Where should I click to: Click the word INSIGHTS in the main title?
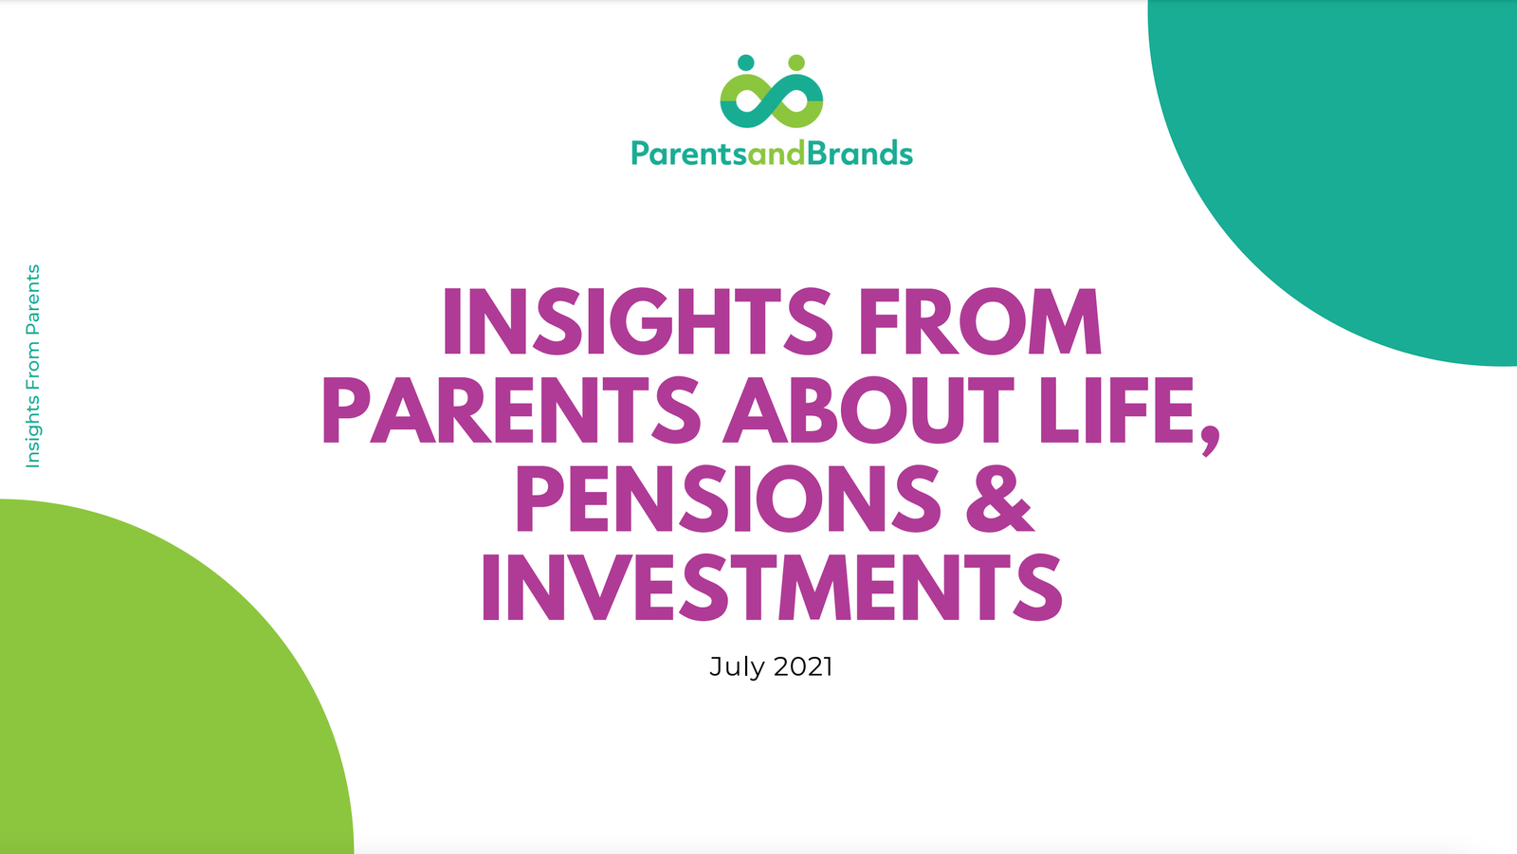[x=637, y=321]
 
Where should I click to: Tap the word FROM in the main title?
[x=980, y=321]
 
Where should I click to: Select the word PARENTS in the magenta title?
[x=512, y=410]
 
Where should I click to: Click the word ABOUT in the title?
[x=868, y=410]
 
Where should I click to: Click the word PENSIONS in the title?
[x=728, y=500]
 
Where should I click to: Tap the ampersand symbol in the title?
[x=999, y=500]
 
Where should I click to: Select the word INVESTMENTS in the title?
[x=772, y=587]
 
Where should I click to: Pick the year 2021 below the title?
[x=802, y=666]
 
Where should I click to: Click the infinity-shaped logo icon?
[x=772, y=100]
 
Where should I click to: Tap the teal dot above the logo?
[x=745, y=63]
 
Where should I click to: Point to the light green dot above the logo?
[x=796, y=63]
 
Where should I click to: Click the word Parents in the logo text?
[x=689, y=154]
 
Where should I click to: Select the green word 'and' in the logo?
[x=777, y=153]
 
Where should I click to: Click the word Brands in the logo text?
[x=859, y=153]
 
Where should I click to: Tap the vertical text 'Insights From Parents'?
[x=32, y=366]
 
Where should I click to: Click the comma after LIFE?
[x=1211, y=441]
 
